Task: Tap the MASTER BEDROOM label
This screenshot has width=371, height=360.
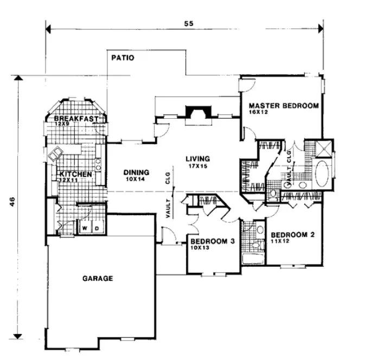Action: click(284, 106)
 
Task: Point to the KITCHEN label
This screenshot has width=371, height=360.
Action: click(74, 174)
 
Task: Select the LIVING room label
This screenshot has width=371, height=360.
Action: click(197, 159)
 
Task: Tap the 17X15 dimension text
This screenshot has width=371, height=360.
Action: click(198, 166)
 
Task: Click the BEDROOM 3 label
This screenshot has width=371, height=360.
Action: click(211, 242)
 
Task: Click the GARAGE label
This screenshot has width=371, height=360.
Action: click(98, 279)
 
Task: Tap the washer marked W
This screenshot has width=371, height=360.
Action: click(85, 229)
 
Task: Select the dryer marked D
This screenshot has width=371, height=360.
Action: click(97, 229)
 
